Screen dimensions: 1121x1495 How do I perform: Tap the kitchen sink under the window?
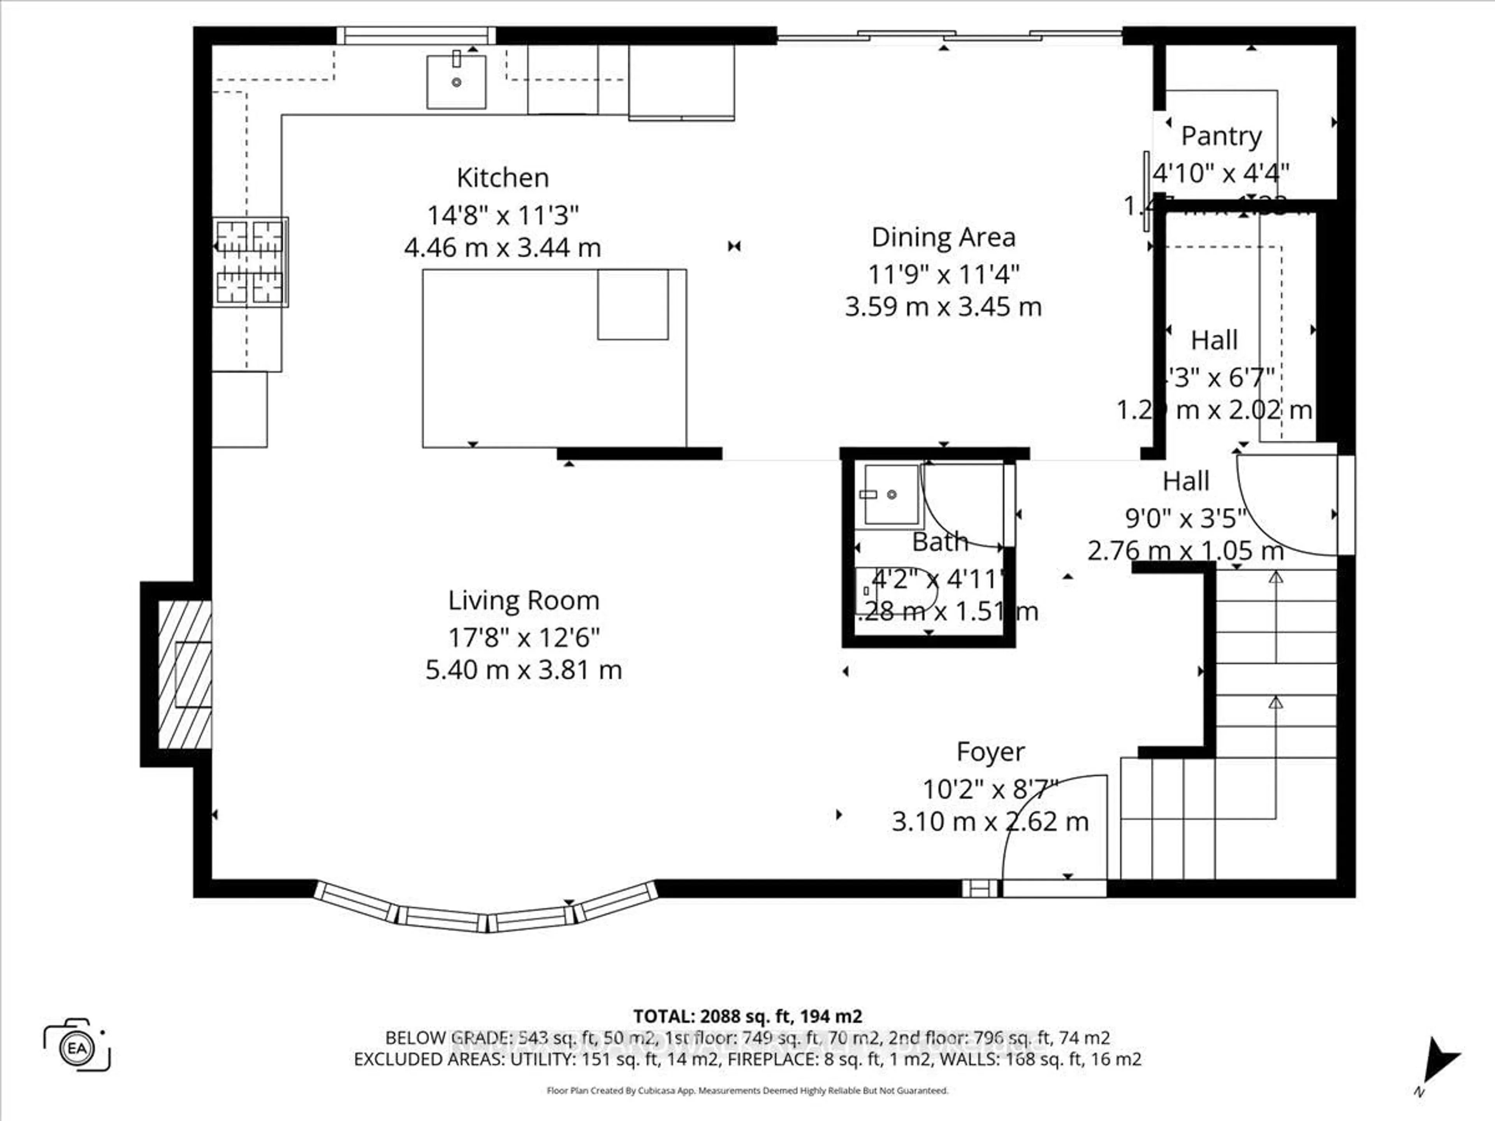[456, 82]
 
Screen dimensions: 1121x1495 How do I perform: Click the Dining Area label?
[943, 237]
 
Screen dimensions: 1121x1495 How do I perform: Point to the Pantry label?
[1221, 137]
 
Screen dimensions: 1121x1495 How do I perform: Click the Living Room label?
[523, 601]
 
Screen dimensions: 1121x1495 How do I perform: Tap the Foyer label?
[990, 751]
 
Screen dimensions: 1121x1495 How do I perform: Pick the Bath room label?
[939, 542]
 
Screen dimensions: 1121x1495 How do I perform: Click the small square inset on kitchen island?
[633, 304]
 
